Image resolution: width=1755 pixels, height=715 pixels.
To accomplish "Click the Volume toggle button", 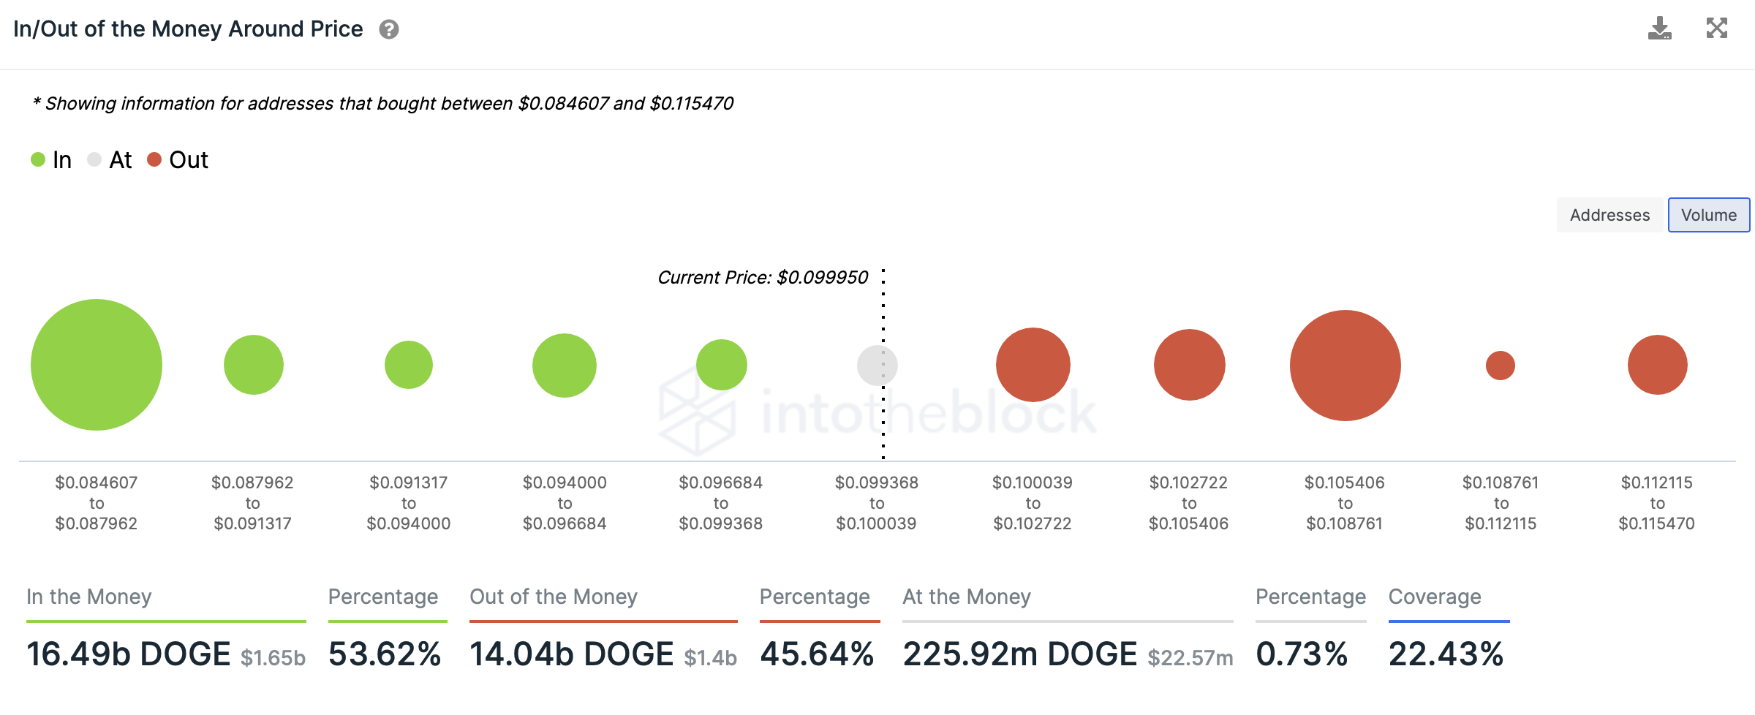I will (x=1708, y=215).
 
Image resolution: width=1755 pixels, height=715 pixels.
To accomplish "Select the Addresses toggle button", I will (x=1609, y=215).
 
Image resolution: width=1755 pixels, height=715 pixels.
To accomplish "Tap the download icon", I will (x=1659, y=29).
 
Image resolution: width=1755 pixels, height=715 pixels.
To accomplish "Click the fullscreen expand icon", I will (x=1716, y=29).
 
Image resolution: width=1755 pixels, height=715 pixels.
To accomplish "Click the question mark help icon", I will (x=389, y=29).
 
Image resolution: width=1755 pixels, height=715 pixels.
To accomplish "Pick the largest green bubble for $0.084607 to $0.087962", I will (x=97, y=365).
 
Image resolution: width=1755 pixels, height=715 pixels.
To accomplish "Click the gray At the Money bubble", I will (x=877, y=366).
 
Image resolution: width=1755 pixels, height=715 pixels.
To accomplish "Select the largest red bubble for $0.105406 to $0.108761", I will (x=1345, y=366).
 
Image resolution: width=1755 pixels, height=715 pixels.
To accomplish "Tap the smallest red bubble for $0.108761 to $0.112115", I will (x=1501, y=366).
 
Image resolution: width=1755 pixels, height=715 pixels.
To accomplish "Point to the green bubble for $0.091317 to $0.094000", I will (x=409, y=365).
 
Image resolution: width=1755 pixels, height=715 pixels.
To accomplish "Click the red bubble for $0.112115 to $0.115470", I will (x=1657, y=365).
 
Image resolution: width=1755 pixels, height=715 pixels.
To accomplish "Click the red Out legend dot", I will (x=154, y=159).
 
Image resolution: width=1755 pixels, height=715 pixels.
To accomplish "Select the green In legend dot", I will (x=38, y=159).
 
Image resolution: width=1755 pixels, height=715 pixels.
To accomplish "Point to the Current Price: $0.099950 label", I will (x=763, y=278).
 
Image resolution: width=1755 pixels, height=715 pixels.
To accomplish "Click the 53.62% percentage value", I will (x=385, y=654).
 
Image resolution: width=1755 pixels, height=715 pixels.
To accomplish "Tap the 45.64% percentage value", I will (x=817, y=654).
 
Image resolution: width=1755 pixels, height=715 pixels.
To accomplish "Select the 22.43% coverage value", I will (x=1446, y=654).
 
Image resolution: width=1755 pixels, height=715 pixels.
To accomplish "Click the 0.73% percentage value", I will (x=1302, y=654).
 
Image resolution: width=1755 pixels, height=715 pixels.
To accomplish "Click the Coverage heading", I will (x=1435, y=597).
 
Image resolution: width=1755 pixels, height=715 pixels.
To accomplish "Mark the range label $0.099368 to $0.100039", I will (x=877, y=503).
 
